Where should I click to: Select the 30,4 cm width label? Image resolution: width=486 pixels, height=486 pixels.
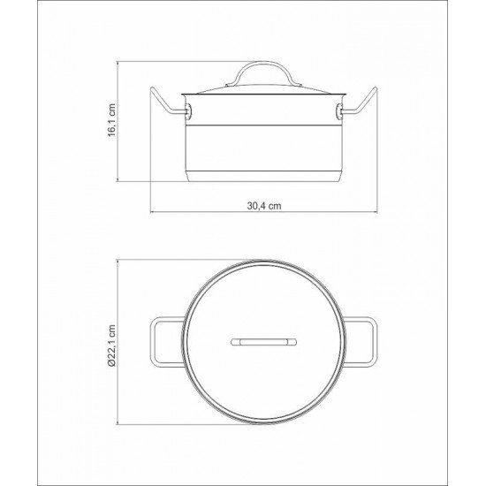coord(263,203)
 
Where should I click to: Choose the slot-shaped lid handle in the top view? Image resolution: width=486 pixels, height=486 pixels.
coord(264,340)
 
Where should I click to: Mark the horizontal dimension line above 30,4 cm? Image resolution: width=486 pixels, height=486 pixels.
coord(263,212)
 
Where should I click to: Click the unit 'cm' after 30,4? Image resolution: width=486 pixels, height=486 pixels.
coord(275,203)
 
